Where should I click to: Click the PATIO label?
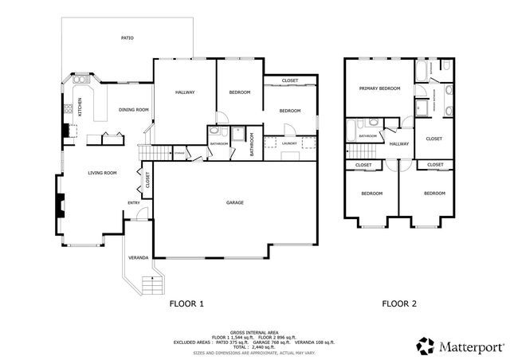127,37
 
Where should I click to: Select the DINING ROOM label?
134,110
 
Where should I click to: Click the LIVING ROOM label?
102,173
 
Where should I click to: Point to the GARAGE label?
234,202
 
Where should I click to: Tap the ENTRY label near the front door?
134,202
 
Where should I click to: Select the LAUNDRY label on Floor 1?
290,143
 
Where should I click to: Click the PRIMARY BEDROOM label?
379,88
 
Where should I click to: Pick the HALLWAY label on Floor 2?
398,144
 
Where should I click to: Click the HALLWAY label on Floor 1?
185,92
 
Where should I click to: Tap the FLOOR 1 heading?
187,303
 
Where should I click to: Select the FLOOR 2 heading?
399,303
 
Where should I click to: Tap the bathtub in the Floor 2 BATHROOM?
368,124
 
